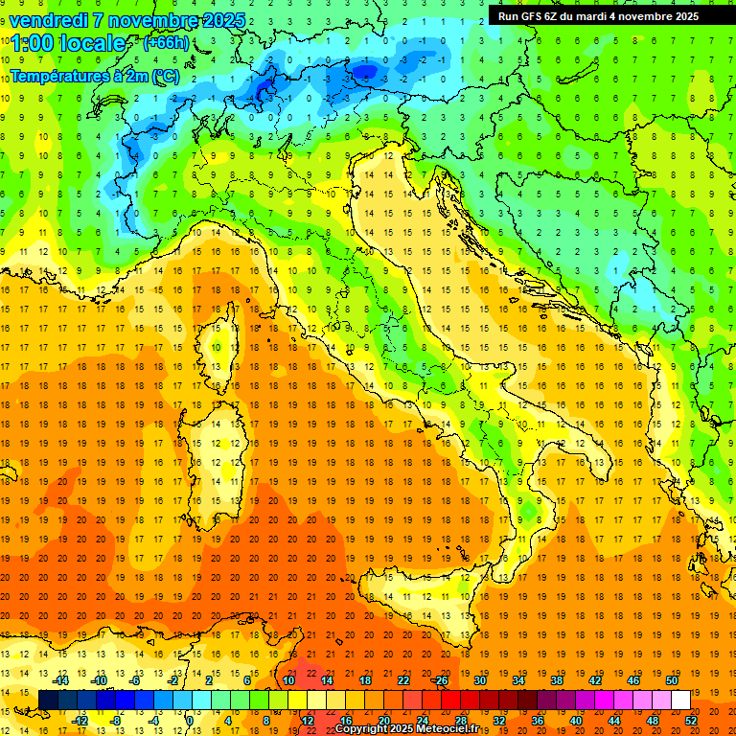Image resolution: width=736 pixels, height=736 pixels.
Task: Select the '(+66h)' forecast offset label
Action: click(165, 43)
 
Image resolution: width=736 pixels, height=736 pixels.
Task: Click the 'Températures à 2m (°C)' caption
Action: click(94, 77)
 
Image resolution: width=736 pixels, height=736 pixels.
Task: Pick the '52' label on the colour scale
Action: click(691, 721)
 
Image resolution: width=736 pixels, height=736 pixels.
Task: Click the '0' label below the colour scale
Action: click(190, 721)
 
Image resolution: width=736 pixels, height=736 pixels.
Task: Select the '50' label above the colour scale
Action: click(671, 680)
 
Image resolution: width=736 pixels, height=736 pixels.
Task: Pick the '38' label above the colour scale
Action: click(556, 680)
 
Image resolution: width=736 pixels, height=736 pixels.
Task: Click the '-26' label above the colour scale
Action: click(440, 680)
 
